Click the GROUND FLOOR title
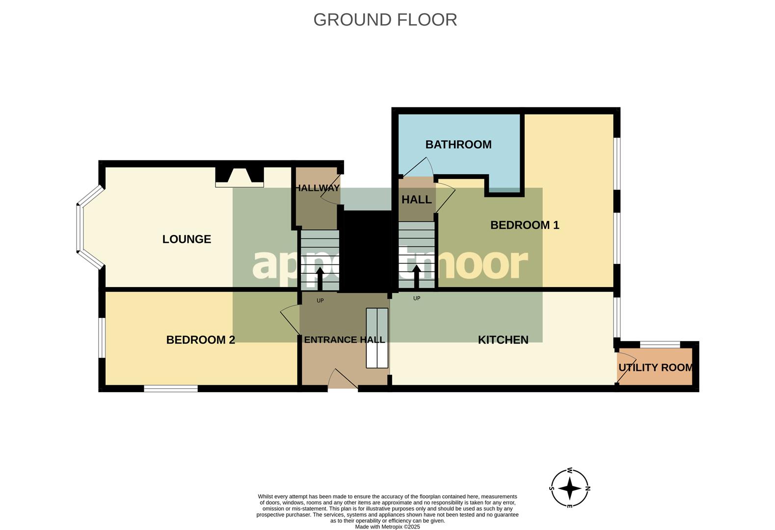point(385,20)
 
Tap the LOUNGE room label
point(187,239)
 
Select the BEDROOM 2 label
point(200,340)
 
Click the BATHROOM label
point(458,144)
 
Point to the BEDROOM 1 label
point(525,225)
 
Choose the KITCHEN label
point(503,340)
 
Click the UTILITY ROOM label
point(655,368)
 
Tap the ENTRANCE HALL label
point(344,340)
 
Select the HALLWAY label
point(317,188)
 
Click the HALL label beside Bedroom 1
point(416,200)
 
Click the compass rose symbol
point(569,488)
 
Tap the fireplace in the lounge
point(239,177)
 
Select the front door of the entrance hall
point(343,380)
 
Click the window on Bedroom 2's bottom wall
point(171,389)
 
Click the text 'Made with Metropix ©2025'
point(387,527)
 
